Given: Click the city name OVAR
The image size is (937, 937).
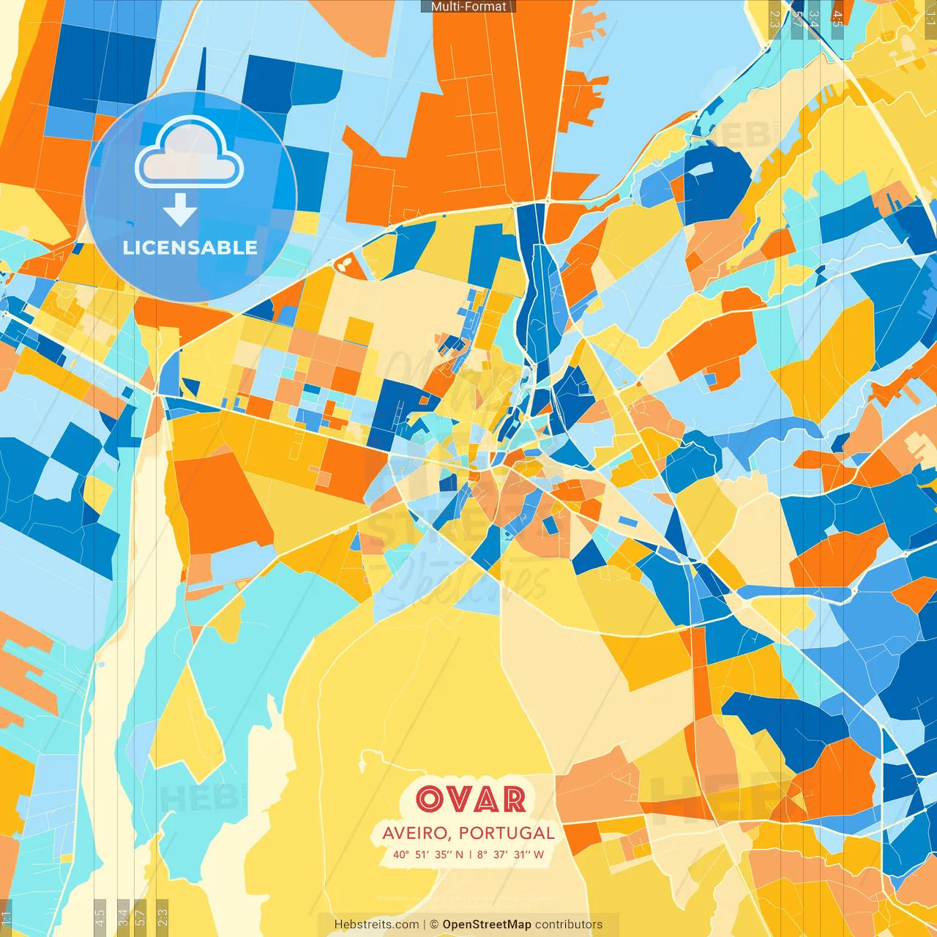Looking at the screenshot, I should [471, 799].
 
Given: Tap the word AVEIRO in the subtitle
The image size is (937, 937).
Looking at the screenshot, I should [415, 833].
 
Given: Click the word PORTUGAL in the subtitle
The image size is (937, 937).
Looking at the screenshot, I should [507, 833].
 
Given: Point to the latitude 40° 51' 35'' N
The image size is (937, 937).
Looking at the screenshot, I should [428, 854].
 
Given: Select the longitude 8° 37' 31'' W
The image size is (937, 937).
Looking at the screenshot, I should [511, 854].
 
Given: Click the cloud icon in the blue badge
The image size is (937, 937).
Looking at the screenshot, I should [190, 153].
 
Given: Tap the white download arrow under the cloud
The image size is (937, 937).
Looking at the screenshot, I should [179, 210].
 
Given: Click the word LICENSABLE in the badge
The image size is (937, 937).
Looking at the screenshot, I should [190, 247].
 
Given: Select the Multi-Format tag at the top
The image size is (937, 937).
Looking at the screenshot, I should [468, 7].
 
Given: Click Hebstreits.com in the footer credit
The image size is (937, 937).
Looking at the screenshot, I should [376, 925].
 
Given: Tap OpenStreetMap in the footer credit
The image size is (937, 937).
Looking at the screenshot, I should [487, 925].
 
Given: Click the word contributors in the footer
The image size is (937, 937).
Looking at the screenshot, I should [569, 925].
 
